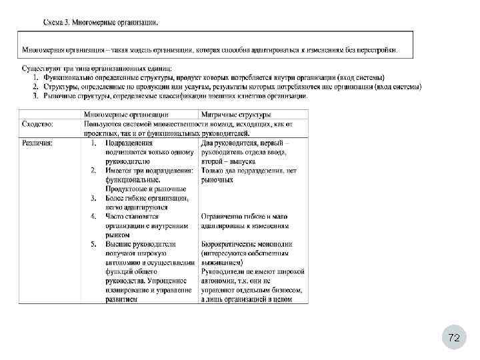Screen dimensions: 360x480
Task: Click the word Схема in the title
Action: pos(53,23)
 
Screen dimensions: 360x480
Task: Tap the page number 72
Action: pos(454,338)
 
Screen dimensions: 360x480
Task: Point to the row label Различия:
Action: pos(38,142)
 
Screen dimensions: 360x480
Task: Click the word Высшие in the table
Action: pos(117,244)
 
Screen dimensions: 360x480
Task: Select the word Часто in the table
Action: pos(115,216)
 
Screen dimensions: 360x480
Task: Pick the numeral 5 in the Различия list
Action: pos(93,244)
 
